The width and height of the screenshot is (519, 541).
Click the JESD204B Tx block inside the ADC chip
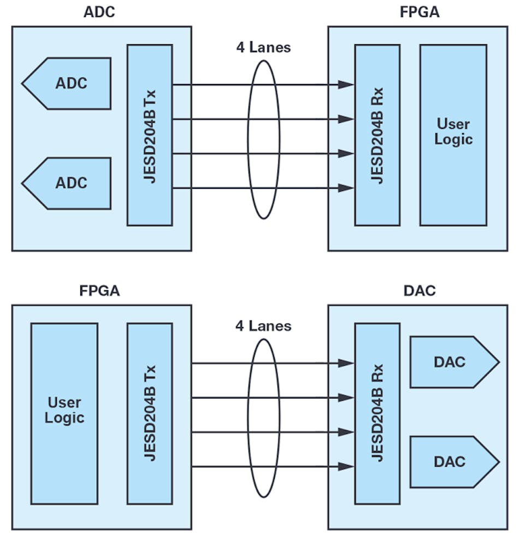pyautogui.click(x=150, y=135)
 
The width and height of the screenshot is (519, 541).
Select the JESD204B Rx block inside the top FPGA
pyautogui.click(x=377, y=135)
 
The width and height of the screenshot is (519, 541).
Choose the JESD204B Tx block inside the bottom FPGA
pyautogui.click(x=150, y=413)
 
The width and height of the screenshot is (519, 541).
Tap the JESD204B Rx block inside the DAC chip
pyautogui.click(x=377, y=413)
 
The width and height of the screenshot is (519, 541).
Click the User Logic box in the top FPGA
pyautogui.click(x=453, y=135)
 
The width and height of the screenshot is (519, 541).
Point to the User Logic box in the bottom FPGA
pyautogui.click(x=64, y=413)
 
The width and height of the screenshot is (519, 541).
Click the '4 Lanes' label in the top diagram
pyautogui.click(x=263, y=47)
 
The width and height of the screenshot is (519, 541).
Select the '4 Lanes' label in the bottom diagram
pyautogui.click(x=263, y=326)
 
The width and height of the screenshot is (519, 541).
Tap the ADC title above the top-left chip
pyautogui.click(x=99, y=12)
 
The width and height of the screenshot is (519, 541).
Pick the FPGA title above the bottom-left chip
pyautogui.click(x=99, y=290)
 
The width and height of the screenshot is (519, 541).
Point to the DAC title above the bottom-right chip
pyautogui.click(x=420, y=290)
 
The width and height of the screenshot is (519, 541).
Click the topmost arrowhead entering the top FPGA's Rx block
pyautogui.click(x=345, y=85)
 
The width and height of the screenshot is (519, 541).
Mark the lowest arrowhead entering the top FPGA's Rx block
pyautogui.click(x=345, y=188)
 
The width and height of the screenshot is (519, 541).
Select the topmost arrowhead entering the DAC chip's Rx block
pyautogui.click(x=345, y=363)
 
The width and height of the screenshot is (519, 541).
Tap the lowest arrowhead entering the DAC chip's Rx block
pyautogui.click(x=345, y=467)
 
